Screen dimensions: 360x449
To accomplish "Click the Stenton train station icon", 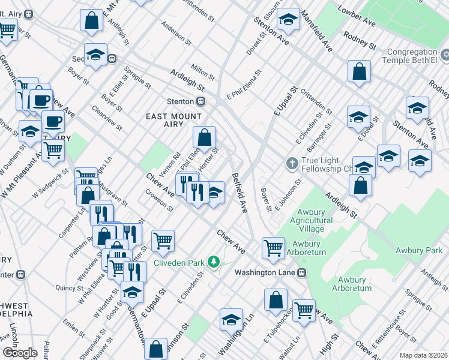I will (202, 101).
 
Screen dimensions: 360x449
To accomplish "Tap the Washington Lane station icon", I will (303, 272).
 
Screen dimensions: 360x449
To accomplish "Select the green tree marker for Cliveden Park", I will (213, 262).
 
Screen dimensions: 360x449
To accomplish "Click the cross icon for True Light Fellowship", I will (292, 163).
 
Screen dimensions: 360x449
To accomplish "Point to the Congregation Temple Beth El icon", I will (444, 56).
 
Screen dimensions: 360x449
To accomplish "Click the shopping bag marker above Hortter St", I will (205, 137).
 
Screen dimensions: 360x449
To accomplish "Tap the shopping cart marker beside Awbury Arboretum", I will (274, 247).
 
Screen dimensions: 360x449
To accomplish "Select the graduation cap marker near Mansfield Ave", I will (289, 19).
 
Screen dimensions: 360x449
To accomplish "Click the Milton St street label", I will (202, 72).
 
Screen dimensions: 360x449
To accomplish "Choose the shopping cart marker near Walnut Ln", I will (304, 310).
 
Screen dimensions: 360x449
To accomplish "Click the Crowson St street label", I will (159, 200).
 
